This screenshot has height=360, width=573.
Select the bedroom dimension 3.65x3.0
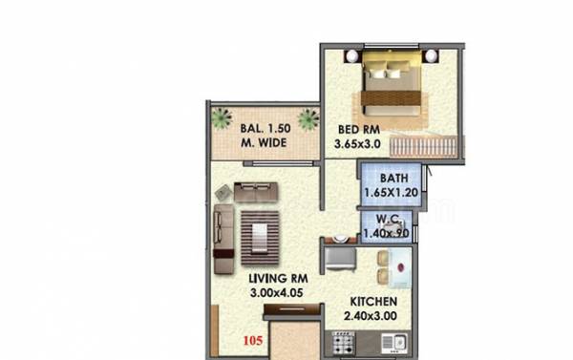(357, 144)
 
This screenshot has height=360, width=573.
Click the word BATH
(393, 179)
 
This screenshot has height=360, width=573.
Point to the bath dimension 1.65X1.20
(392, 193)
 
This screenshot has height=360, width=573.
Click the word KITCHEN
(361, 300)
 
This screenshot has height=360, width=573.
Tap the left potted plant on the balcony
(223, 118)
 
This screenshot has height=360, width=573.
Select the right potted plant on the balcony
(308, 118)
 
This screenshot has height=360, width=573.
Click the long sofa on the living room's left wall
(224, 235)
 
